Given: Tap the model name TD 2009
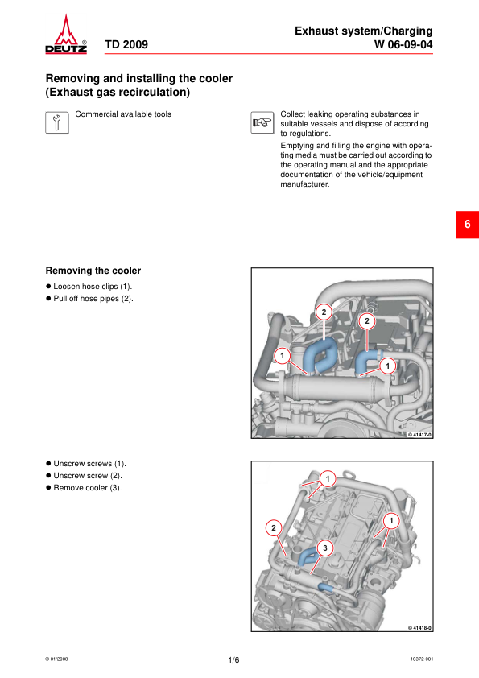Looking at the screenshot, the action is coord(126,44).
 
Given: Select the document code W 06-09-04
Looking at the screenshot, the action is coord(403,44).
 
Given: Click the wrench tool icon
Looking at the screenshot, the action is coord(57,123).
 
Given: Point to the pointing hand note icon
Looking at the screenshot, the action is coord(262,123).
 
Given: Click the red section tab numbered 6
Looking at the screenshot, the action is coord(468,225).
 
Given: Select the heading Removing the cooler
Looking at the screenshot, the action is coord(93,271).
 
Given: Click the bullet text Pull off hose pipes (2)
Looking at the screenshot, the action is coord(93,299).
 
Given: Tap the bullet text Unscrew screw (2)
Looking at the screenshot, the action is coord(88,476).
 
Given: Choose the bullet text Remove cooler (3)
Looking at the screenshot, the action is coord(88,488).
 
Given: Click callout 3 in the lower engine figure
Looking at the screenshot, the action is coord(325,548).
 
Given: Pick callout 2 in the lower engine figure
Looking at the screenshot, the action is coord(273,528).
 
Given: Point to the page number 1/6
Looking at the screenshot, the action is coord(233,659).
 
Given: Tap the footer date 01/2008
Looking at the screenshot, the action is coord(56,659).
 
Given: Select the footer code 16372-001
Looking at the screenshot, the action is coord(422,659).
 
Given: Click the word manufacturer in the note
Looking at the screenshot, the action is coord(305,184).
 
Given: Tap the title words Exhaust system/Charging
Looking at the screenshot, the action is coord(364,31).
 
